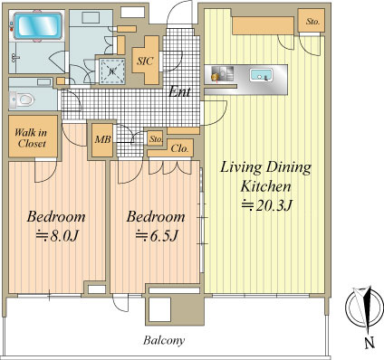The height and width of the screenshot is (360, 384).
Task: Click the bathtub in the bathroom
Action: [38, 25]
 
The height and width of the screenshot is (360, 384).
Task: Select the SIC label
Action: [145, 61]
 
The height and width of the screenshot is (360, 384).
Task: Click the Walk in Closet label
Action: [31, 137]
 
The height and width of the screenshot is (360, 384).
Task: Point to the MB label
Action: [102, 139]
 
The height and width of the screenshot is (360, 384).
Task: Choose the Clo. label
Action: [179, 148]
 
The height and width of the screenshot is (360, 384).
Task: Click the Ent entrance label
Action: [179, 91]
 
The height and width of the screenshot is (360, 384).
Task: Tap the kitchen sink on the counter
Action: [261, 74]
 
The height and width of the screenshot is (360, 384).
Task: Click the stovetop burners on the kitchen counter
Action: [222, 74]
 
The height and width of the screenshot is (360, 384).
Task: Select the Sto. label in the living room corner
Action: [312, 22]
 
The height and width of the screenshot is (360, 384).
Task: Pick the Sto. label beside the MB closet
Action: [156, 139]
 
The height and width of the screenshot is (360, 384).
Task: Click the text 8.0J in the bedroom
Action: [63, 236]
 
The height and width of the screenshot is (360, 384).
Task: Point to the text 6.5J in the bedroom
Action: [163, 236]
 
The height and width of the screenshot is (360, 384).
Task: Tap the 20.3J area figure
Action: [274, 206]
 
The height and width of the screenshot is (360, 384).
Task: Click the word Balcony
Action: [164, 340]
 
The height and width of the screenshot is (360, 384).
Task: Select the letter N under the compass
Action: [370, 343]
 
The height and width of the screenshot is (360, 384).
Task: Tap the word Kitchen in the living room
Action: [265, 186]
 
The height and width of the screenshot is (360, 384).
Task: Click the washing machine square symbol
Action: [112, 71]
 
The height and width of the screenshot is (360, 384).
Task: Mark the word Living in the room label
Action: [241, 167]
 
